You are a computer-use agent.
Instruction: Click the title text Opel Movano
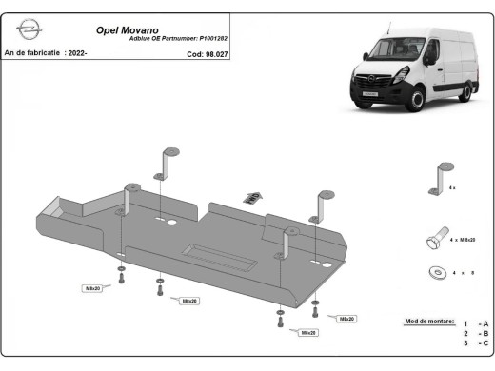coord(128,29)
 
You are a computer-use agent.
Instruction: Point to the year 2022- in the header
coord(77,54)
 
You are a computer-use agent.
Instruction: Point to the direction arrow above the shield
coord(251,197)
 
